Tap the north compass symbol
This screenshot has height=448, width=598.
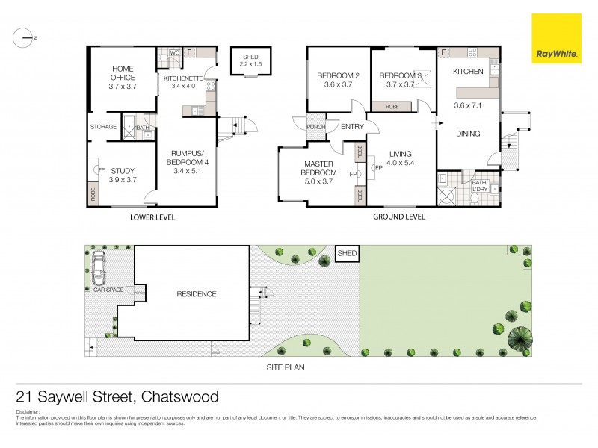(x=26, y=37)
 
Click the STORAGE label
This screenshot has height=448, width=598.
(x=103, y=127)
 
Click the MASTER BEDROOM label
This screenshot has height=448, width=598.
(x=321, y=168)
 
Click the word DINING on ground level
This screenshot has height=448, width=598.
(x=468, y=134)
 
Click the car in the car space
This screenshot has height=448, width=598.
(x=98, y=276)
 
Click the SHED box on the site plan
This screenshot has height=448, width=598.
(x=348, y=255)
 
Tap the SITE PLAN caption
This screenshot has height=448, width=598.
(x=286, y=367)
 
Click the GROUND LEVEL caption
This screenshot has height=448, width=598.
(x=399, y=217)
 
